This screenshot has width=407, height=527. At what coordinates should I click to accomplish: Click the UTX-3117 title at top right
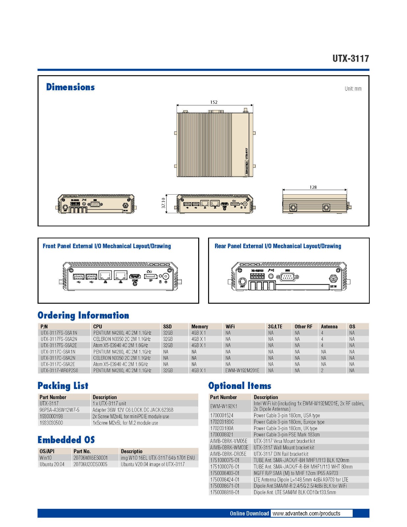click(350, 59)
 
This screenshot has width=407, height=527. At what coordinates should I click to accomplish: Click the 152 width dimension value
click(214, 102)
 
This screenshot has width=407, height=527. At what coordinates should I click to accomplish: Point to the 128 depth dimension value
click(313, 187)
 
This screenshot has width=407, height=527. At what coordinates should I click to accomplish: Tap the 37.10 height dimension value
click(164, 203)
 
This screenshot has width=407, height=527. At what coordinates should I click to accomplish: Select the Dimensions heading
click(70, 87)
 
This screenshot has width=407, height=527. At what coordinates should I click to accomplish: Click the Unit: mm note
click(353, 89)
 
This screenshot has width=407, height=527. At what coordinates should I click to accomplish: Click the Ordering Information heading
click(83, 315)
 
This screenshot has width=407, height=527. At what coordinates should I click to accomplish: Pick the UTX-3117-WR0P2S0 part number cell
click(59, 371)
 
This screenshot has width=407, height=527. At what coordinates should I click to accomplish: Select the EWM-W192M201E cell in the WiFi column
click(242, 371)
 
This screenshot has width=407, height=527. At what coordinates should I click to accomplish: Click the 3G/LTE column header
click(275, 326)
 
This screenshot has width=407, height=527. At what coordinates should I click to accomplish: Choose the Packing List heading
click(63, 386)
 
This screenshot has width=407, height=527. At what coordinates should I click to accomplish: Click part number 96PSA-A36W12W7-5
click(59, 410)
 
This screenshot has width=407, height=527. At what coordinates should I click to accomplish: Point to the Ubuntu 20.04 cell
click(52, 464)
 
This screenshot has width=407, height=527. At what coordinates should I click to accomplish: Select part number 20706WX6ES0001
click(91, 458)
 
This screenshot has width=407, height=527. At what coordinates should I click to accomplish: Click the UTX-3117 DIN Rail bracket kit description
click(281, 454)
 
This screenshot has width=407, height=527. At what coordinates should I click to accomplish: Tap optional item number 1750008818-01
click(225, 492)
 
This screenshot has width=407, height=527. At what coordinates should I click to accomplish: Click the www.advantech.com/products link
click(306, 513)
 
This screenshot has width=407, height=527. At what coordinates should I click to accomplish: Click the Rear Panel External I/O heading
click(278, 246)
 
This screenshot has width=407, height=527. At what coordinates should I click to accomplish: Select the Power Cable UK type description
click(285, 428)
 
